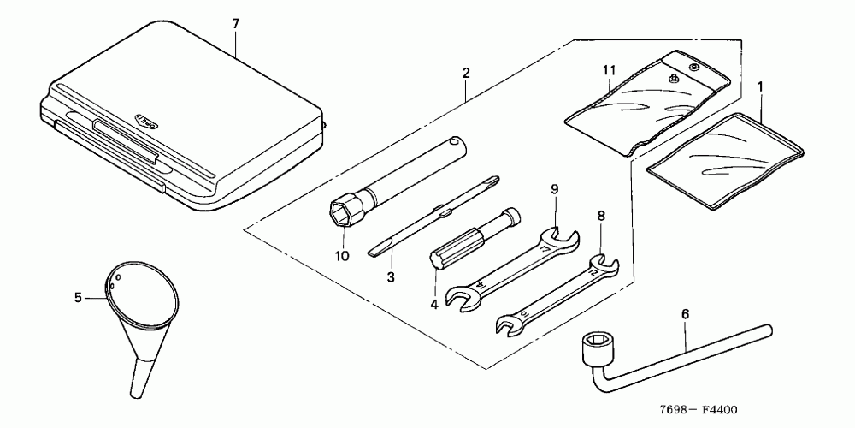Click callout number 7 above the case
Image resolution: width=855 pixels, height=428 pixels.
tap(236, 23)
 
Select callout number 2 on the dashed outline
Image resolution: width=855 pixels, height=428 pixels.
tap(465, 74)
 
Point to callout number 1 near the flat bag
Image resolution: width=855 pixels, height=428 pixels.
tap(762, 86)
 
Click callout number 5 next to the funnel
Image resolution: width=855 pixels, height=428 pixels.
tap(78, 297)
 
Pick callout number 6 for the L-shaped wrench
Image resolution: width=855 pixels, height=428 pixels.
tap(684, 314)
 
